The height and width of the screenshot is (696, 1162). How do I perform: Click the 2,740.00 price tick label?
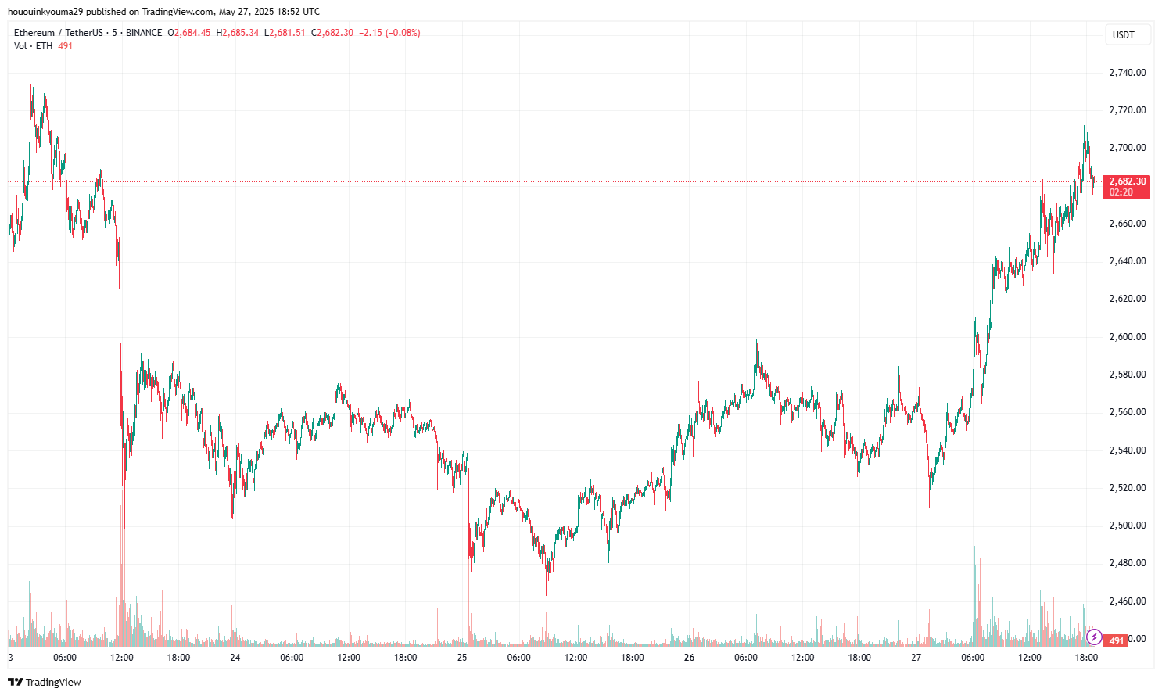1127,73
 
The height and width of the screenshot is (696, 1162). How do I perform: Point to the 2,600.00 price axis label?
1127,337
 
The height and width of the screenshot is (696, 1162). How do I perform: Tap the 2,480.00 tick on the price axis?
1127,563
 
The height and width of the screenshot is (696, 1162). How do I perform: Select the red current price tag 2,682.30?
1127,181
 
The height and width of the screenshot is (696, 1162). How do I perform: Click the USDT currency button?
1124,35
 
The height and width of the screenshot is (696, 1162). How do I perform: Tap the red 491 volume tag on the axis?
1116,641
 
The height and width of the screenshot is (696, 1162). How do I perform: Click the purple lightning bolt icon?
1094,637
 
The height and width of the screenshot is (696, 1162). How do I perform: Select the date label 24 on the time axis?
235,658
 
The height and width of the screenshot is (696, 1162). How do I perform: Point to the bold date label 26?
689,658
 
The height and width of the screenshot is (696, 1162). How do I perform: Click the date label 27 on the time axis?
916,658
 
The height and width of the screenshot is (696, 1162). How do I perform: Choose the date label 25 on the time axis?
462,658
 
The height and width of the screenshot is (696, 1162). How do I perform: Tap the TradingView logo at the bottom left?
45,682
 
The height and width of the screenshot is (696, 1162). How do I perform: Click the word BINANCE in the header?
144,33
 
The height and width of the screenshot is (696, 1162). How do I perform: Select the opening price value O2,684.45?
189,33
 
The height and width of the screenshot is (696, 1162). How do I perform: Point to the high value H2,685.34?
237,33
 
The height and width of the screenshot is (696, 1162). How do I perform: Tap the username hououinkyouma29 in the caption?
45,12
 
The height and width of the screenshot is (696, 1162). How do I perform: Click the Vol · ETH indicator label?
33,46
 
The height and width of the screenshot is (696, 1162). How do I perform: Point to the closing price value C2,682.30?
332,33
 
